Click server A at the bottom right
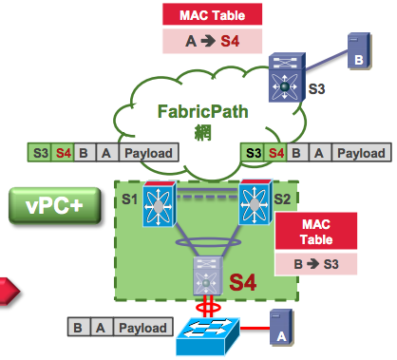tap(279, 326)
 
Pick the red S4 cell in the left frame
tap(64, 152)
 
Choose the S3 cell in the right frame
tap(254, 152)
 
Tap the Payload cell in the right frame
tap(361, 152)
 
